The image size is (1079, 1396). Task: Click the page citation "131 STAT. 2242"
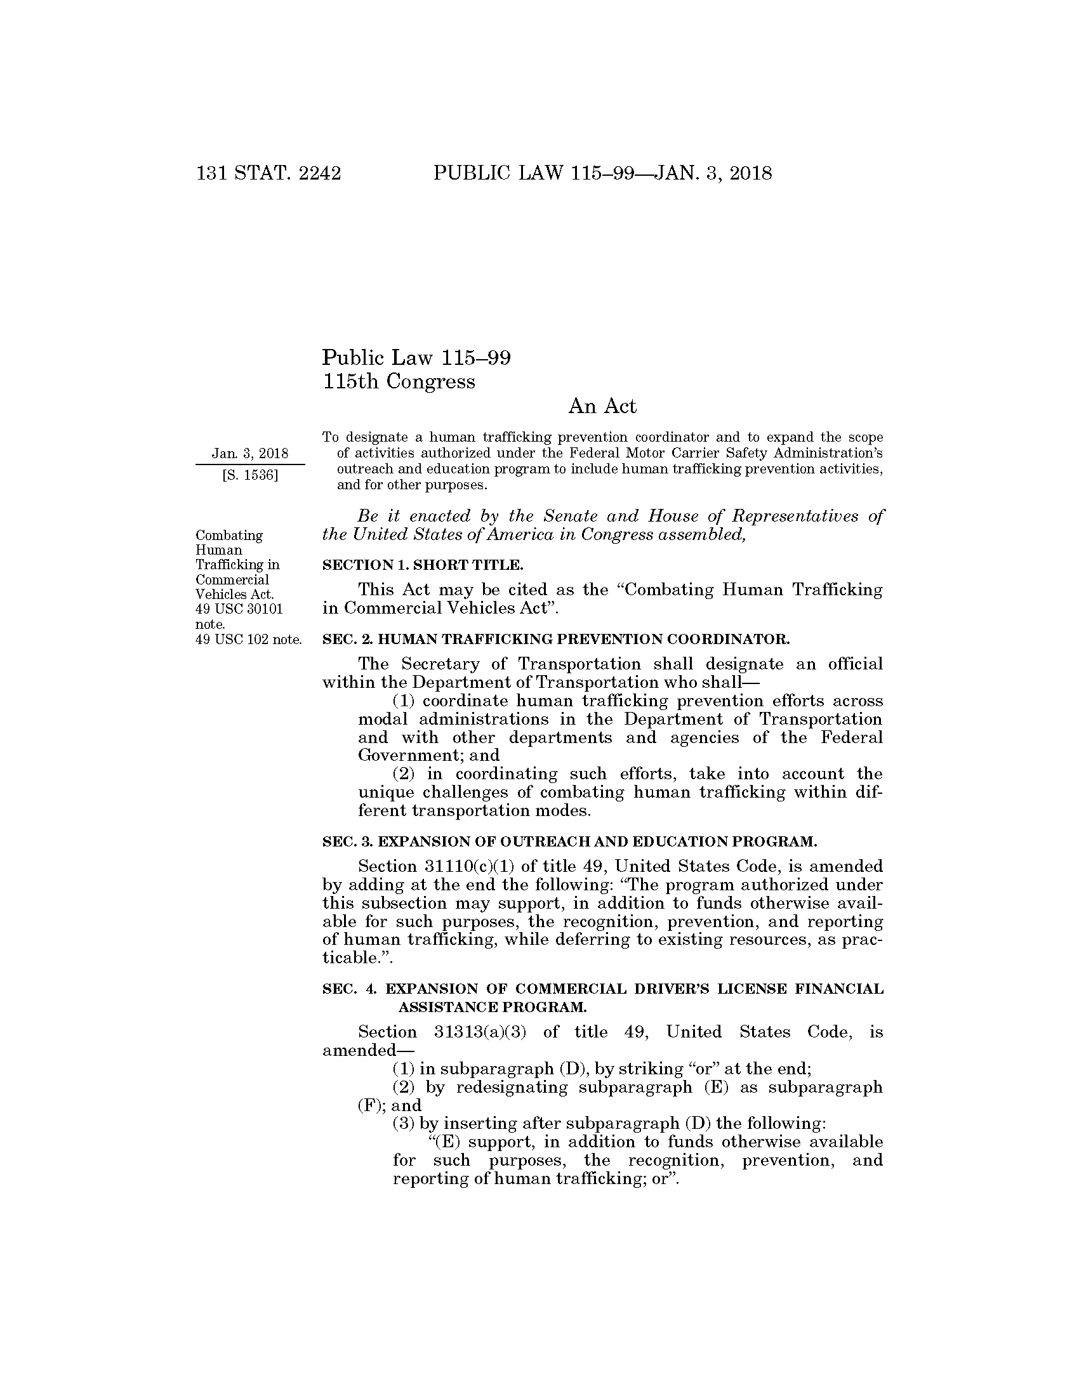(268, 173)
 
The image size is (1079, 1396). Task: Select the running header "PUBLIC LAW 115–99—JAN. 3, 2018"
(602, 173)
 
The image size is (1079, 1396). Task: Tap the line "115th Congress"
(399, 381)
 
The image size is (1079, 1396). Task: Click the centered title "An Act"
(602, 407)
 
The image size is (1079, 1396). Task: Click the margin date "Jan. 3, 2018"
(250, 454)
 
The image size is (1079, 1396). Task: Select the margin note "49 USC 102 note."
(248, 639)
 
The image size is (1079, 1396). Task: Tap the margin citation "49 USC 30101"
(239, 609)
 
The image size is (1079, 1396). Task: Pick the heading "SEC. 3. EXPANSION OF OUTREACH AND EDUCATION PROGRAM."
(569, 842)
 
